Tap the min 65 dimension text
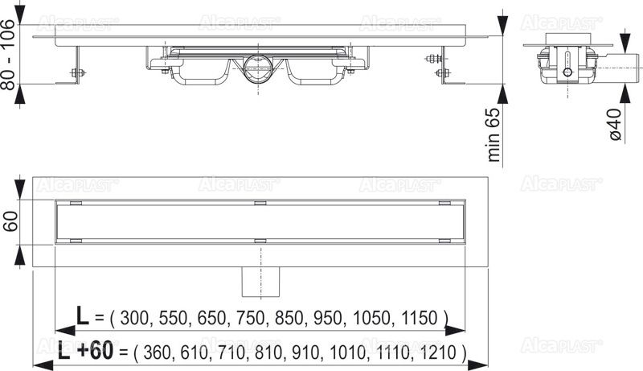pyautogui.click(x=494, y=135)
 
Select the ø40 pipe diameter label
pyautogui.click(x=615, y=124)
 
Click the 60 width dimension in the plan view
pyautogui.click(x=10, y=221)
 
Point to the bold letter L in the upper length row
pyautogui.click(x=83, y=315)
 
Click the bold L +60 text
pyautogui.click(x=85, y=351)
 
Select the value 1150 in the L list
pyautogui.click(x=420, y=319)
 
